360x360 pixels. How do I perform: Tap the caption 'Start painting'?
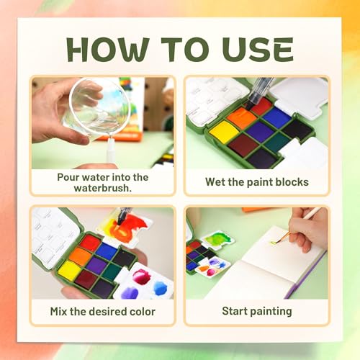[x=256, y=311]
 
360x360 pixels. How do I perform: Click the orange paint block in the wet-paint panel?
[x=241, y=117]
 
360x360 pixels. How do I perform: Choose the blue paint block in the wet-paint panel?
[x=276, y=116]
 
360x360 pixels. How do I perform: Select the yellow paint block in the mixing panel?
[x=69, y=270]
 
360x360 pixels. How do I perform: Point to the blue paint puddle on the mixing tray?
[x=160, y=287]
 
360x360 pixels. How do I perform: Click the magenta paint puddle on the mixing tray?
[x=141, y=276]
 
